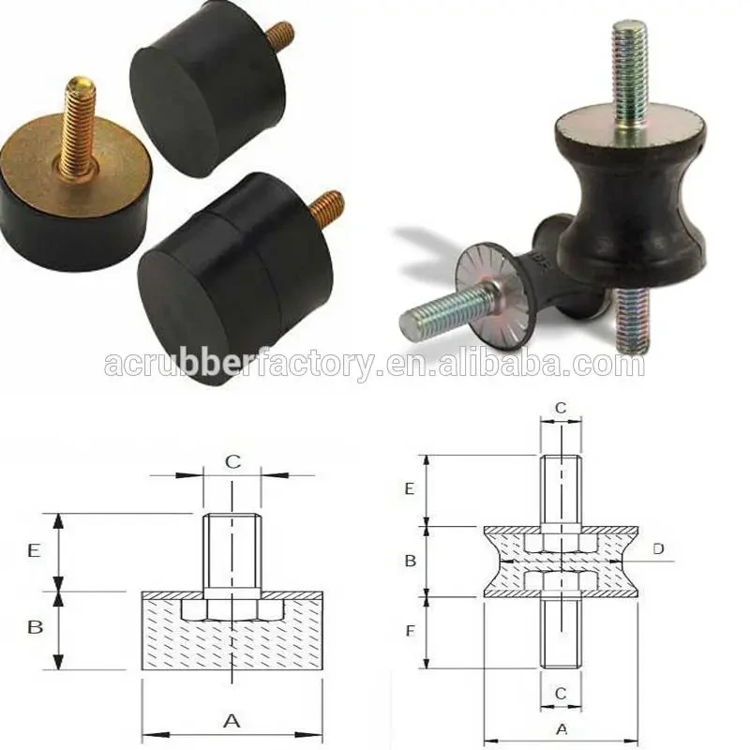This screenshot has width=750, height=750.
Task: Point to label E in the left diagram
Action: (35, 551)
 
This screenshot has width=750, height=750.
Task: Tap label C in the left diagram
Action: (232, 461)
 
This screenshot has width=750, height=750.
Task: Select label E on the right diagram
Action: (410, 488)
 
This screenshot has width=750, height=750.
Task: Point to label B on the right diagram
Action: (410, 561)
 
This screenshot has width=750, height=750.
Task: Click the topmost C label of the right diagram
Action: (560, 408)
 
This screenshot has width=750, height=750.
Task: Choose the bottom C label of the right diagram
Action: (560, 693)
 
